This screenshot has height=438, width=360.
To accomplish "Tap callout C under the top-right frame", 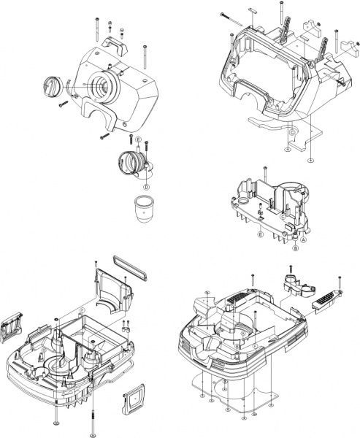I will pos(290,131).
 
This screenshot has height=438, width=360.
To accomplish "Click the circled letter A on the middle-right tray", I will pos(304,240).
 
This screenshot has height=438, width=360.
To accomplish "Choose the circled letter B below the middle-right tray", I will pos(295,248).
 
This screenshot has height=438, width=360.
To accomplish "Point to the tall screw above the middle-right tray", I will pos(267,175).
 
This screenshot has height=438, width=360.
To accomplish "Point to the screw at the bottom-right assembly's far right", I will pos(340,282).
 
